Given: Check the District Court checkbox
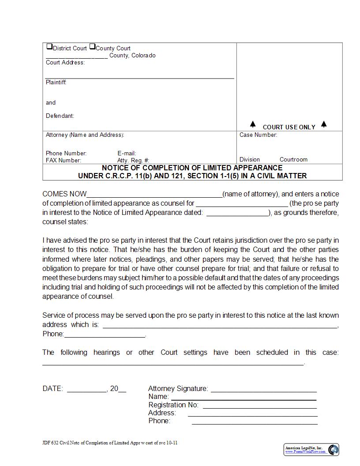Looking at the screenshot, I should tap(49, 47).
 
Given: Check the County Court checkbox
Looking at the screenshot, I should tap(92, 47).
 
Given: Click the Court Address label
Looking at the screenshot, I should tap(65, 63).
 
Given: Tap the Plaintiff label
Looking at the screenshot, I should tap(56, 83).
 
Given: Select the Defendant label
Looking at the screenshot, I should tap(60, 116).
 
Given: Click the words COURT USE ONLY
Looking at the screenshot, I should tap(289, 127).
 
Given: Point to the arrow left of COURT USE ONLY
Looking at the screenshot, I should tap(253, 124).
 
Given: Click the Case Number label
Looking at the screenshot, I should tap(258, 135).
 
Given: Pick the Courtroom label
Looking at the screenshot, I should tap(293, 160).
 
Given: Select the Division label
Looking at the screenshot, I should tap(250, 160).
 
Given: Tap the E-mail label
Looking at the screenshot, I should tap(127, 154).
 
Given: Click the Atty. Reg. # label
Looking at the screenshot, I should tap(133, 161).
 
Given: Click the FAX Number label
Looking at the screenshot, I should tap(64, 161).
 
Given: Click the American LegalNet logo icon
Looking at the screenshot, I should tap(334, 450).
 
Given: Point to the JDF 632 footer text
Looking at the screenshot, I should tap(110, 443).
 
